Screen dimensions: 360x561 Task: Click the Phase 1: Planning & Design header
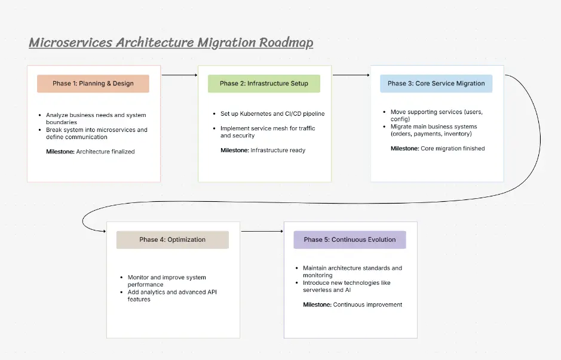point(93,84)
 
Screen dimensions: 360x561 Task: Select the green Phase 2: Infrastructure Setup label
point(263,84)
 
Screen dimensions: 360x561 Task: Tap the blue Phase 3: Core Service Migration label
point(436,84)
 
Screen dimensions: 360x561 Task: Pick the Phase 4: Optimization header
point(172,239)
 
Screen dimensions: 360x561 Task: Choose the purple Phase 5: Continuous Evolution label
point(350,239)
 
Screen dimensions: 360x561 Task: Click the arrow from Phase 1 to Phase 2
point(179,75)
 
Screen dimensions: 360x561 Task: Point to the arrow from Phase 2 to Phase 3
point(351,75)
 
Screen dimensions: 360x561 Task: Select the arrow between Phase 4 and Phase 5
point(262,231)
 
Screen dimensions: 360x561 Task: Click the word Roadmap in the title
point(286,42)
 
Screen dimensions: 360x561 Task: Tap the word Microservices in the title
point(70,42)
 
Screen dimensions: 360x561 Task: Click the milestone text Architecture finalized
point(105,152)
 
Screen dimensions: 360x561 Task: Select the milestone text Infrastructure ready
point(277,150)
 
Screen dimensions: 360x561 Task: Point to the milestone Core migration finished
point(452,148)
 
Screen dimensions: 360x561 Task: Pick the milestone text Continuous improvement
point(367,304)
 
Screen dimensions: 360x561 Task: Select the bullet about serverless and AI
point(346,286)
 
